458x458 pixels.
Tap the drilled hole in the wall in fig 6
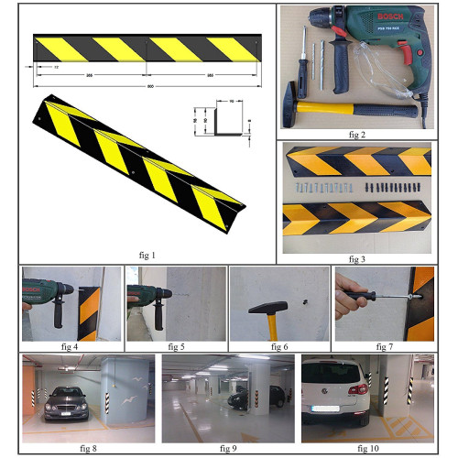(307, 300)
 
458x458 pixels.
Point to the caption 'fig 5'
(175, 346)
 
